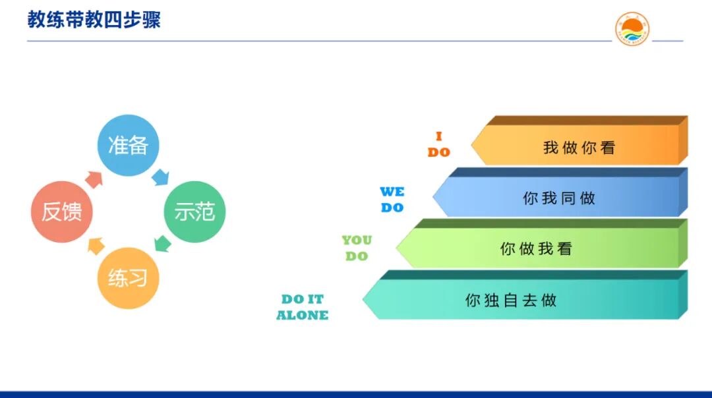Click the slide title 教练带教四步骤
94,19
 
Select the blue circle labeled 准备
129,146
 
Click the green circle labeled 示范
194,212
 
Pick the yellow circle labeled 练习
129,277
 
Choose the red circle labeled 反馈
62,212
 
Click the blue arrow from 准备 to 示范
161,177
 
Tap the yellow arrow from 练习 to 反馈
96,245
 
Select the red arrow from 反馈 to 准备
94,178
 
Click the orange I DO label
438,144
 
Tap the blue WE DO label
392,200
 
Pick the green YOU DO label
357,248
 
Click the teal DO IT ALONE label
302,307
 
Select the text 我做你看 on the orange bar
579,148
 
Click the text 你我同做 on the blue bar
559,198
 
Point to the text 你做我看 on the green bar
536,249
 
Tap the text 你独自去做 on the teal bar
511,300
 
